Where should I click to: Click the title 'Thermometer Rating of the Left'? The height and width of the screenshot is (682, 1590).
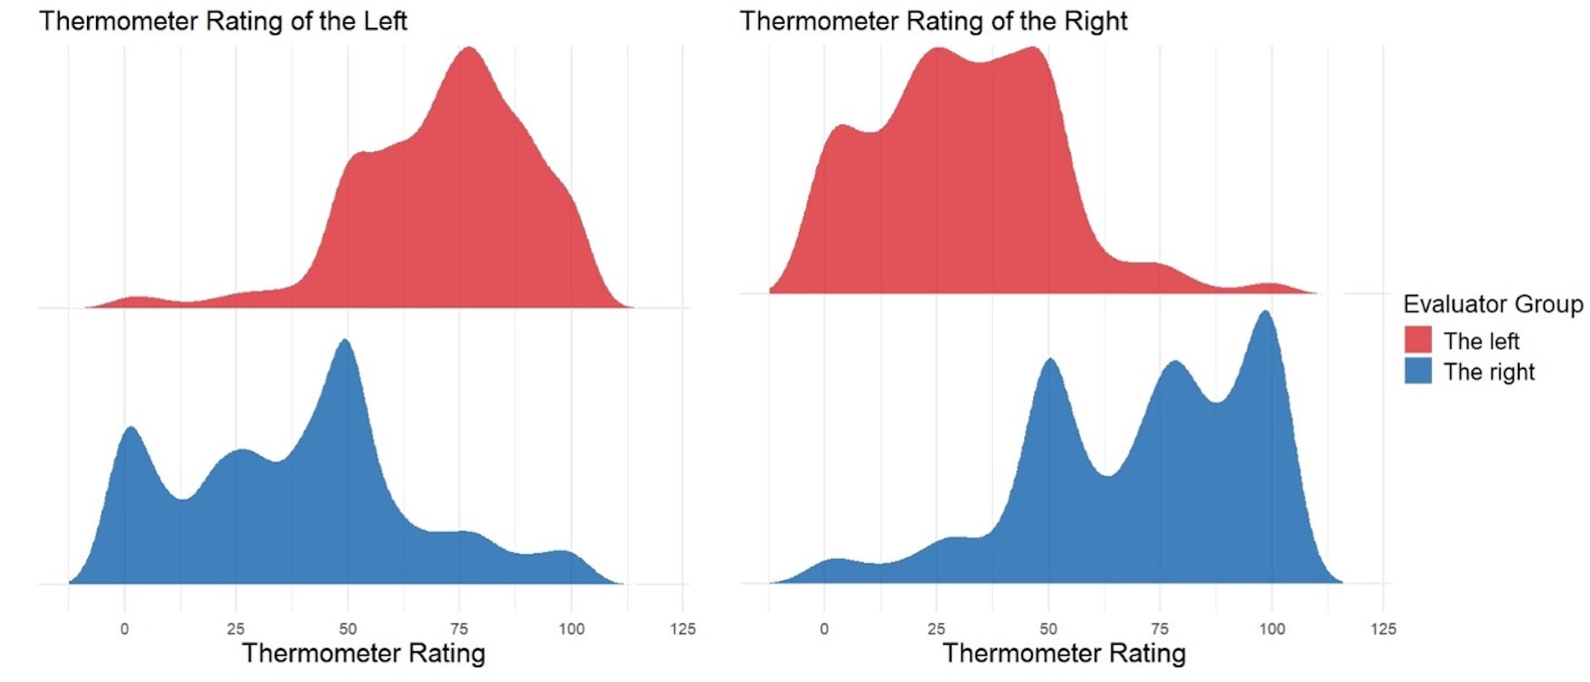(x=223, y=21)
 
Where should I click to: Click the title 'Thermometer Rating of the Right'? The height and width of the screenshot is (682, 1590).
(x=933, y=21)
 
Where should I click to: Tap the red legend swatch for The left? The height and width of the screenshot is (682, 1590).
(x=1418, y=340)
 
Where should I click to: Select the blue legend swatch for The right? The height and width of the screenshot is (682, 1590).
(x=1418, y=371)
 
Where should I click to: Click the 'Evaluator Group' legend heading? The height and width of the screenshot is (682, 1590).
(x=1492, y=305)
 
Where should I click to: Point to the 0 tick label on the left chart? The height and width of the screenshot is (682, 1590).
(x=124, y=629)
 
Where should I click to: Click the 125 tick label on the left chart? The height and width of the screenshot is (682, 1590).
(x=682, y=629)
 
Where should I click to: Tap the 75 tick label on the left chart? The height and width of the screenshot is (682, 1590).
(x=459, y=629)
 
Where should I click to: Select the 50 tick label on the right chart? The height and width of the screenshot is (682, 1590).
(x=1048, y=629)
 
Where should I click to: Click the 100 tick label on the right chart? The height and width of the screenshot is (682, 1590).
(x=1272, y=629)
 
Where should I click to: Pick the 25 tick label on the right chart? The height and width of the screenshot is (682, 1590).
(x=937, y=629)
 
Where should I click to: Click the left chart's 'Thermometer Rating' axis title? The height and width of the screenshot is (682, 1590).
(x=364, y=653)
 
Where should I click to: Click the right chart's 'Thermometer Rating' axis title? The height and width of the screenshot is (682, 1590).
(x=1064, y=653)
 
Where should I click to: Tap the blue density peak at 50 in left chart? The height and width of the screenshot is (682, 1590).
(x=345, y=343)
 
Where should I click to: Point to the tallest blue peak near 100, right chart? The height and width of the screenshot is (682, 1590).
(x=1265, y=314)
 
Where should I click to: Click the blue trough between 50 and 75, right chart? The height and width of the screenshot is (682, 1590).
(x=1108, y=475)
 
